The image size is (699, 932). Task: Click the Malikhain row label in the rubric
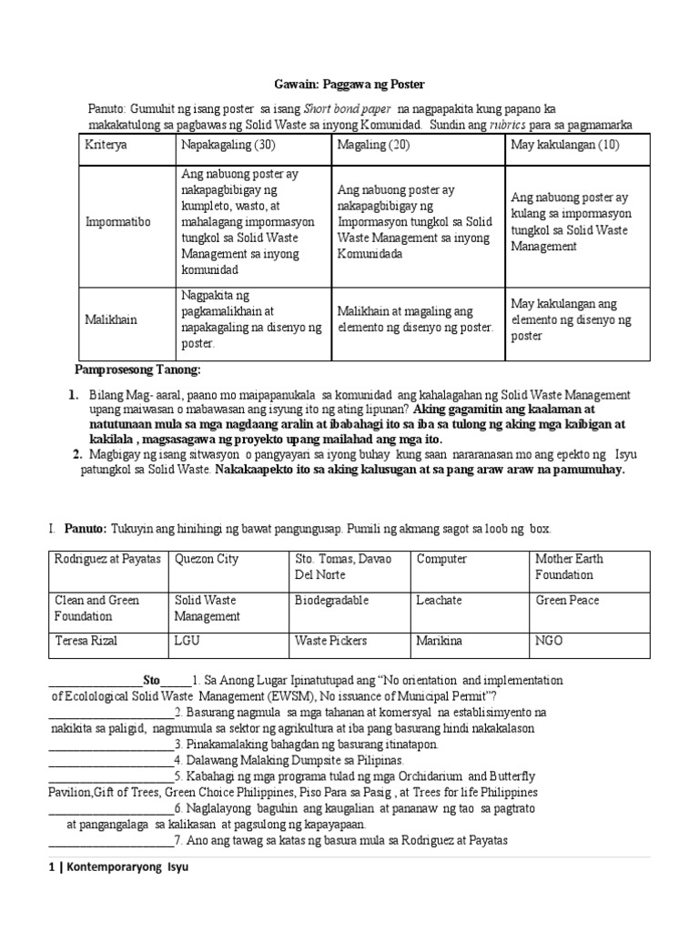pos(112,319)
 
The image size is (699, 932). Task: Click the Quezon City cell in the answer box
pos(206,559)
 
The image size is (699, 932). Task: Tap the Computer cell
pos(441,559)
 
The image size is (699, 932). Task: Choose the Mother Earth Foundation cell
pos(569,566)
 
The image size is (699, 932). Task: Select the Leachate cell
pos(439,601)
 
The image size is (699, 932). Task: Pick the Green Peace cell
pos(567,601)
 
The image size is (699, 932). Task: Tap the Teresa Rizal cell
pos(88,641)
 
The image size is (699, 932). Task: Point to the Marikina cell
pos(440,641)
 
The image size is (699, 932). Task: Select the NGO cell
pos(549,641)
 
